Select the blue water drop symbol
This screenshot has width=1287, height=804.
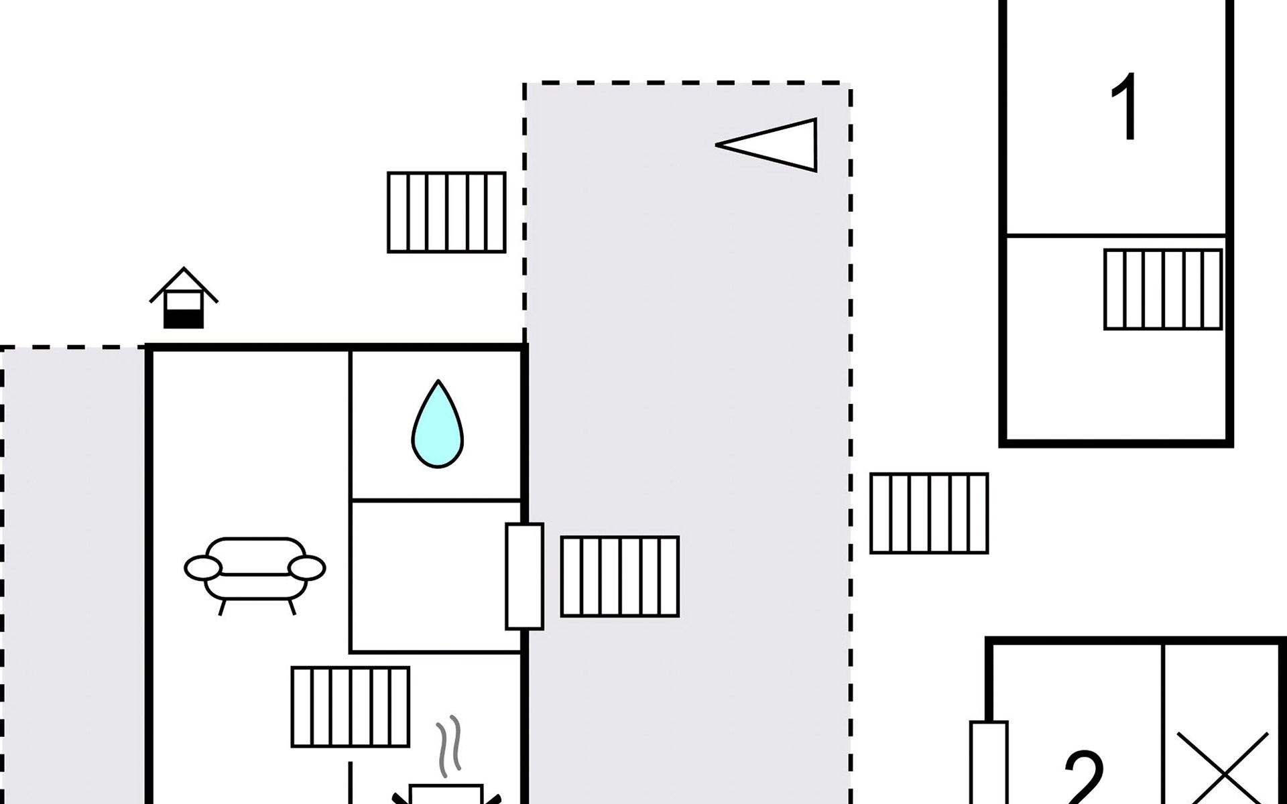point(438,424)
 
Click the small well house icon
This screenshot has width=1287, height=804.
point(184,298)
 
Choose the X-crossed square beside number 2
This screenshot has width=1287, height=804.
point(1223,770)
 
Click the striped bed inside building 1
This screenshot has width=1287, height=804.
point(1163,289)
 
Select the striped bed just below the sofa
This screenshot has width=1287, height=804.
point(351,707)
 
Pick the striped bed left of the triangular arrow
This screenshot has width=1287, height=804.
point(446,212)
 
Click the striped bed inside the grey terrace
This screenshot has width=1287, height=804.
point(620,576)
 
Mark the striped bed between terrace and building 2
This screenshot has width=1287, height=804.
point(929,513)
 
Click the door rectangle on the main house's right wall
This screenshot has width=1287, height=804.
point(524,576)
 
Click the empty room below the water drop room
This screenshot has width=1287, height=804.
point(436,576)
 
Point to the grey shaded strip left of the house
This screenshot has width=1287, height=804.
point(72,576)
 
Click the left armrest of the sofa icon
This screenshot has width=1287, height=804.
point(202,568)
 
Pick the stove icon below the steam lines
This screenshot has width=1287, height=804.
point(446,794)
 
